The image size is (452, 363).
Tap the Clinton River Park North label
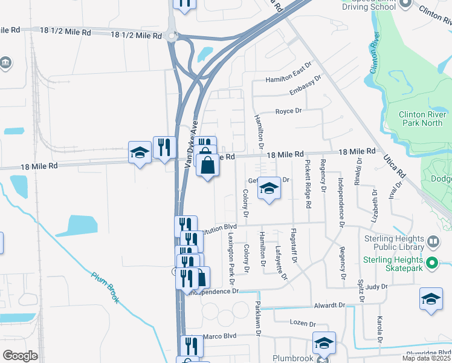[422, 119]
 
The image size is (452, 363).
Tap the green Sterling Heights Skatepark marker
[431, 263]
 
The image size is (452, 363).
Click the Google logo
[20, 356]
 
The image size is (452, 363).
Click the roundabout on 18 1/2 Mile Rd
[172, 35]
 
